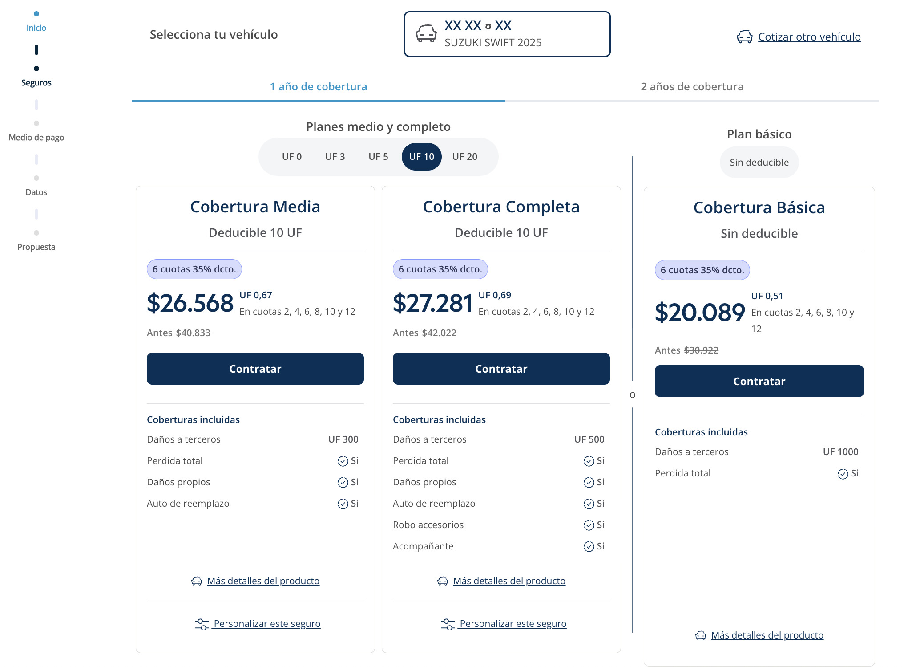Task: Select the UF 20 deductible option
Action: click(x=464, y=157)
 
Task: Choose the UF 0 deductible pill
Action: click(x=292, y=157)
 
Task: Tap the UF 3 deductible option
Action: click(x=335, y=157)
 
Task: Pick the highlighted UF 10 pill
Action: click(x=421, y=157)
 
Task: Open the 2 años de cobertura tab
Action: click(x=692, y=87)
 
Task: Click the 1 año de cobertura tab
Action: click(x=319, y=87)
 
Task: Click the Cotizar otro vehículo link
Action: click(x=809, y=37)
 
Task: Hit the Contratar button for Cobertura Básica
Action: click(x=759, y=381)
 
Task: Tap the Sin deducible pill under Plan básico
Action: click(x=759, y=163)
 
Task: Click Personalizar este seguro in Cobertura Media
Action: click(x=266, y=624)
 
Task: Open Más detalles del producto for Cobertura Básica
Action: click(x=767, y=635)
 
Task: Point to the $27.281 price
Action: click(x=432, y=303)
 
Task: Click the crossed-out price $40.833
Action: click(x=193, y=333)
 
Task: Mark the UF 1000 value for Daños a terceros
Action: click(x=840, y=452)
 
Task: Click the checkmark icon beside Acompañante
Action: click(x=589, y=547)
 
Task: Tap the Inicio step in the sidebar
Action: click(x=36, y=28)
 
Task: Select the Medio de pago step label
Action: click(x=36, y=138)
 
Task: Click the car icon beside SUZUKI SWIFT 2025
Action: click(x=426, y=34)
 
